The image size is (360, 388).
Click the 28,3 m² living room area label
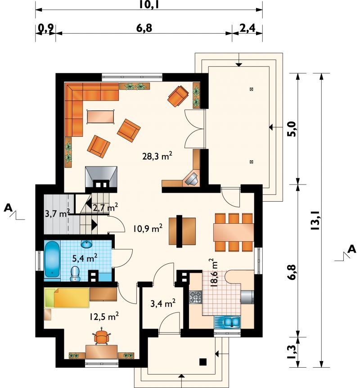(x=157, y=156)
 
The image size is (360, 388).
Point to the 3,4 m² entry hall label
(x=163, y=303)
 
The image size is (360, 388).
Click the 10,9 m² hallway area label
(x=148, y=228)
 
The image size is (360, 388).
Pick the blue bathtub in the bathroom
(x=52, y=259)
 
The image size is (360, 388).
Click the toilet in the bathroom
(x=75, y=274)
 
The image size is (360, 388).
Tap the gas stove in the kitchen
(x=196, y=298)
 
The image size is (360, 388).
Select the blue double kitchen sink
(x=232, y=322)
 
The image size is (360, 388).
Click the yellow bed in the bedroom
(x=67, y=298)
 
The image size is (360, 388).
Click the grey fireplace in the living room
(x=101, y=177)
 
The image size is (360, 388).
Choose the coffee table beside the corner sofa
(x=100, y=116)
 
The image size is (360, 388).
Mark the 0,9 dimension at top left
(x=46, y=29)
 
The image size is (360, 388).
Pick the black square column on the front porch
(x=203, y=362)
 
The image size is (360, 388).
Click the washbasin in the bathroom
(x=86, y=244)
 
